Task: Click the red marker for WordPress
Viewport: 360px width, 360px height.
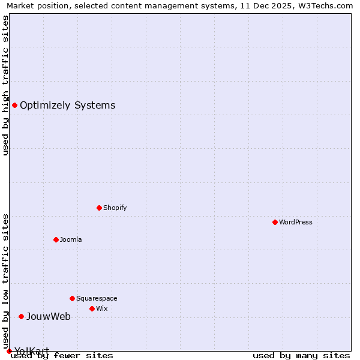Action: click(275, 222)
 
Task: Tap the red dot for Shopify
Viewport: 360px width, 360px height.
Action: click(99, 208)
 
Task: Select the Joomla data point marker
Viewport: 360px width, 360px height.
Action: click(56, 239)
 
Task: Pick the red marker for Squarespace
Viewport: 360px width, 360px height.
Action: click(72, 298)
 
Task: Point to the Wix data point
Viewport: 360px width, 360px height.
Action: click(92, 308)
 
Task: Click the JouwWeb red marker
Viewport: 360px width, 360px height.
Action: click(21, 316)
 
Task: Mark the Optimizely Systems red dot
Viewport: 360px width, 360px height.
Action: click(14, 106)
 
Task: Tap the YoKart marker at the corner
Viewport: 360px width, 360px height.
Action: click(9, 351)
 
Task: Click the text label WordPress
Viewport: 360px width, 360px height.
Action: click(296, 222)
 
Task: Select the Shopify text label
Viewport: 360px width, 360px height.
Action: click(115, 208)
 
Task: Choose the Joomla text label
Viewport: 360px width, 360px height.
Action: click(71, 239)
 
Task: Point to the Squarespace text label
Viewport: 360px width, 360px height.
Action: click(97, 298)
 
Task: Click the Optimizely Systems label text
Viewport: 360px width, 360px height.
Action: click(67, 106)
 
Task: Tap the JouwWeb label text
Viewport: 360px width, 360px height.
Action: click(48, 316)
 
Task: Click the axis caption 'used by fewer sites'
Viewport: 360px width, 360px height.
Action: click(62, 355)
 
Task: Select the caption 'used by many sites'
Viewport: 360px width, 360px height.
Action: click(301, 355)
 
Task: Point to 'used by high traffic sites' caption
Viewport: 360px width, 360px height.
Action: click(6, 85)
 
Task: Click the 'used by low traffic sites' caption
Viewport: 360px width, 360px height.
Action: click(6, 281)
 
